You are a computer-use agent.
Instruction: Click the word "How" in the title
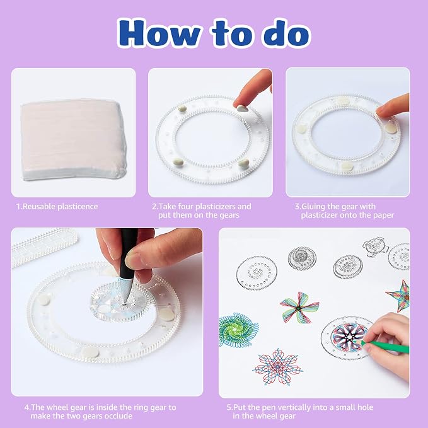pos(159,33)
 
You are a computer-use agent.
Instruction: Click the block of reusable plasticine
pos(73,139)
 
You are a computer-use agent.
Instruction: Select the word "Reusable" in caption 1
pos(39,206)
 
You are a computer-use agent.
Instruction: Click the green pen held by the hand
pos(385,345)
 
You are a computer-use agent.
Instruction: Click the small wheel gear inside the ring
pos(122,302)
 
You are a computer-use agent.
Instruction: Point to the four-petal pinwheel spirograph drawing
pos(299,308)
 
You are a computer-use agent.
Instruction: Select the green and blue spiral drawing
pos(238,330)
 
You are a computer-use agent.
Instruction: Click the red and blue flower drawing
pos(277,367)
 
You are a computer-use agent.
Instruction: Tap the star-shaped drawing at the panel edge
pos(399,296)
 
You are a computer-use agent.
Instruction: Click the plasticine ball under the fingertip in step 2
pos(243,108)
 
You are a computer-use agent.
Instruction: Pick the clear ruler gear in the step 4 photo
pos(43,246)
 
